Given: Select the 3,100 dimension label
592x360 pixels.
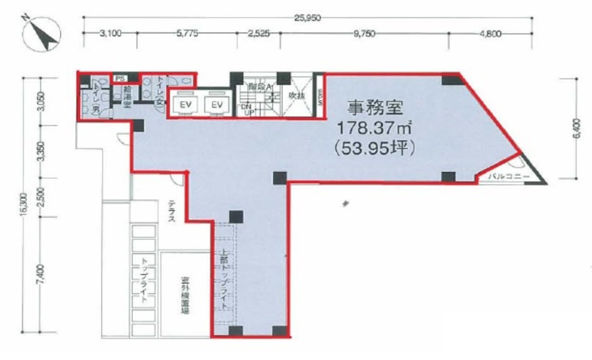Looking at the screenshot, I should pyautogui.click(x=109, y=34).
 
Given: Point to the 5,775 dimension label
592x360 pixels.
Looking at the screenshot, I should pyautogui.click(x=187, y=34).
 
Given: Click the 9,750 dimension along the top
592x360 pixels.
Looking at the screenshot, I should pyautogui.click(x=364, y=34).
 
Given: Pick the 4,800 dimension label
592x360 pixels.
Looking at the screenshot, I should pyautogui.click(x=490, y=34).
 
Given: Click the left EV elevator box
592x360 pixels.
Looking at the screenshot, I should pyautogui.click(x=185, y=105).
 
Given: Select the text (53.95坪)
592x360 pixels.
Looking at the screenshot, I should pyautogui.click(x=375, y=147).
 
